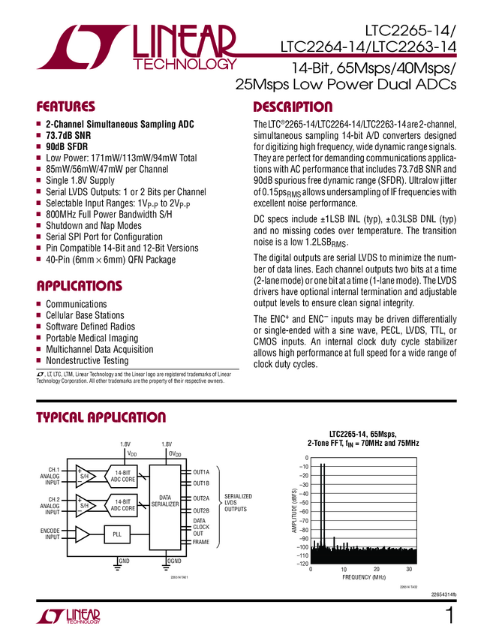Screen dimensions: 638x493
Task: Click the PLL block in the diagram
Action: pyautogui.click(x=116, y=534)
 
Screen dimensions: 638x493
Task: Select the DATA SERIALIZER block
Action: pyautogui.click(x=165, y=501)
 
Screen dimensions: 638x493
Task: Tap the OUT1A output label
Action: pyautogui.click(x=201, y=472)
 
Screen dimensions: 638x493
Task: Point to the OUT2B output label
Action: pyautogui.click(x=201, y=510)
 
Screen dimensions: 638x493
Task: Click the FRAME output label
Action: pyautogui.click(x=201, y=542)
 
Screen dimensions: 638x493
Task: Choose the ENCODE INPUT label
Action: pyautogui.click(x=50, y=534)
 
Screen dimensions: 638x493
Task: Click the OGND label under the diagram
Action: pyautogui.click(x=175, y=561)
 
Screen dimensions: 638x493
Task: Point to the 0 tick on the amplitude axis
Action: pyautogui.click(x=305, y=458)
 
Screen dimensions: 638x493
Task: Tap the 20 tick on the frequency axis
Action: pyautogui.click(x=376, y=570)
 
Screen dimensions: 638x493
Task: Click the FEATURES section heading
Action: pyautogui.click(x=66, y=107)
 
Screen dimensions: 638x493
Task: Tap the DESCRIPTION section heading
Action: pyautogui.click(x=293, y=107)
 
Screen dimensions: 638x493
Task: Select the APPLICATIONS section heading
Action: pyautogui.click(x=79, y=286)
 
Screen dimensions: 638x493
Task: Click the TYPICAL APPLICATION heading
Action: pyautogui.click(x=101, y=417)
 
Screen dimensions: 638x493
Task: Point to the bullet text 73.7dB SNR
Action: pyautogui.click(x=68, y=135)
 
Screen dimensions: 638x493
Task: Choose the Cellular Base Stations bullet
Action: pyautogui.click(x=85, y=315)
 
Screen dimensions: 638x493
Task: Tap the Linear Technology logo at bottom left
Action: pyautogui.click(x=68, y=617)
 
